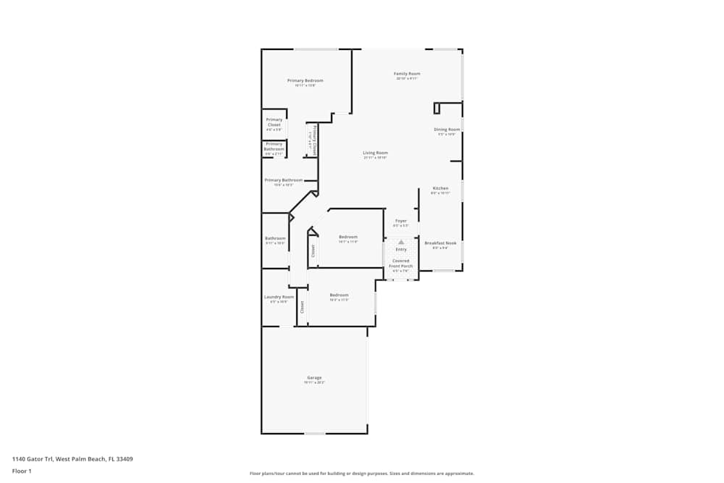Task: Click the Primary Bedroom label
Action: coord(305,80)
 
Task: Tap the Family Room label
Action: coord(407,74)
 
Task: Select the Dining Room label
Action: coord(447,130)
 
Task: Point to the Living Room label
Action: coord(375,153)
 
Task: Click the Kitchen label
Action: coord(440,188)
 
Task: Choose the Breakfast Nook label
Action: coord(440,243)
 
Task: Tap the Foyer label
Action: coord(400,221)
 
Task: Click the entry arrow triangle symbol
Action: coord(401,242)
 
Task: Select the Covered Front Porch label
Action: coord(400,264)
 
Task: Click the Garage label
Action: coord(314,377)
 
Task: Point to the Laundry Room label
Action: coord(279,297)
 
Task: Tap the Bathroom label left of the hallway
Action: coord(275,238)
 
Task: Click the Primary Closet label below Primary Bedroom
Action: coord(274,122)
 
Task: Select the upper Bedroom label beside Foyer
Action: coord(348,237)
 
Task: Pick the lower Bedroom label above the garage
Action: coord(339,295)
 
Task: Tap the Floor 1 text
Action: coord(21,471)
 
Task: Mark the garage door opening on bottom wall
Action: coord(314,433)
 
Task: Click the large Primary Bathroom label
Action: coord(283,180)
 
